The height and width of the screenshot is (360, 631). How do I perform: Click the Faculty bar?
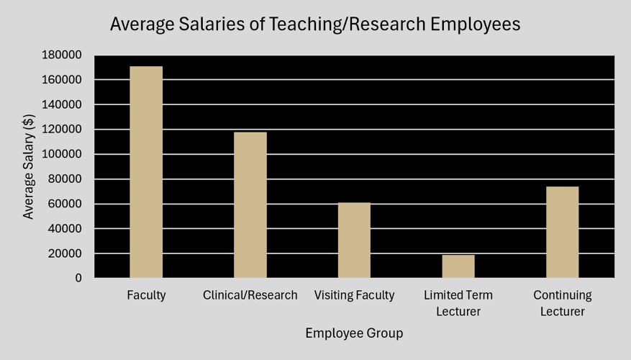146,172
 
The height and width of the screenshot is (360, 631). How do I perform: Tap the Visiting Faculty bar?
354,240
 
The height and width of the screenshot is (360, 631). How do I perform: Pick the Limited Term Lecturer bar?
458,266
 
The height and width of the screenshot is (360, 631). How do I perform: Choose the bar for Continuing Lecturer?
562,233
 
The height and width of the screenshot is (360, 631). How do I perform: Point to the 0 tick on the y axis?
78,278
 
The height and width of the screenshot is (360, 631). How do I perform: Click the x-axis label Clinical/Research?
250,295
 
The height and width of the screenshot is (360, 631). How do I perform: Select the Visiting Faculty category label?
355,295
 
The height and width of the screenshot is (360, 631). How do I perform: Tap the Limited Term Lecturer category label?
458,303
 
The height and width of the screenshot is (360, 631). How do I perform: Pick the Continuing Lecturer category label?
563,303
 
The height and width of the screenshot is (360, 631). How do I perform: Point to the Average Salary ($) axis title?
29,167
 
